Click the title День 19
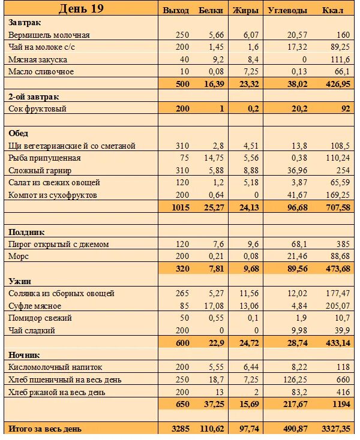pyautogui.click(x=81, y=8)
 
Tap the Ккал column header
pyautogui.click(x=332, y=10)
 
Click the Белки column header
pyautogui.click(x=211, y=10)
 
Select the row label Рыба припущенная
pyautogui.click(x=44, y=158)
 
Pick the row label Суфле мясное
pyautogui.click(x=37, y=306)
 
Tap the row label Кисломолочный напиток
pyautogui.click(x=56, y=367)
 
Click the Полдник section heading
pyautogui.click(x=27, y=232)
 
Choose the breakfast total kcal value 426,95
pyautogui.click(x=336, y=84)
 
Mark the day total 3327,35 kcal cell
pyautogui.click(x=334, y=429)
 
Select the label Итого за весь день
pyautogui.click(x=45, y=429)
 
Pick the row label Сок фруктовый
pyautogui.click(x=37, y=109)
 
